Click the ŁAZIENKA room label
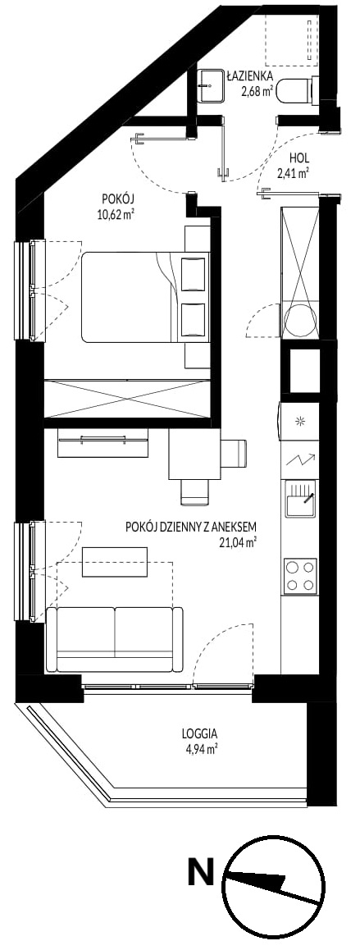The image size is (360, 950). tap(249, 76)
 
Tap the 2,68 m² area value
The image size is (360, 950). tap(257, 92)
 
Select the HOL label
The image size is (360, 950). tap(298, 158)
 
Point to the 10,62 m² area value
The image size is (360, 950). tap(116, 214)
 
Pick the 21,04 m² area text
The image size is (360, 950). tap(238, 541)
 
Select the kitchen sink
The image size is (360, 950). tap(301, 498)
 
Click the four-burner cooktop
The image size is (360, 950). tap(301, 576)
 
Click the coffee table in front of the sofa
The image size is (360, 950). tap(115, 563)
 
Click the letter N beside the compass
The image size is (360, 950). tap(201, 874)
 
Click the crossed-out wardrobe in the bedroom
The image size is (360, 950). tap(128, 398)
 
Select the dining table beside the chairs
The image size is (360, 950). tap(194, 453)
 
